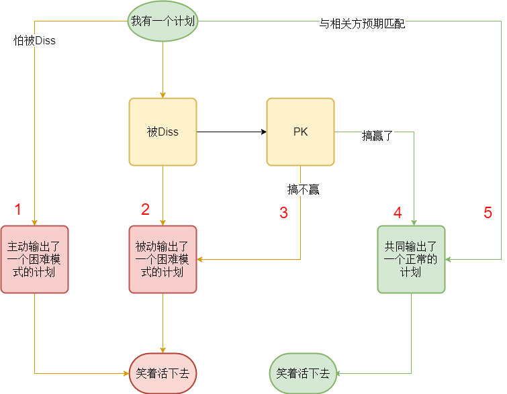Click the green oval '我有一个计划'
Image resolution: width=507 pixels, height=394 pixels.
163,21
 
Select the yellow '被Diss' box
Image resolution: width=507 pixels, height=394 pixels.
163,132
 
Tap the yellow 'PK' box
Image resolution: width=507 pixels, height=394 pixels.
300,132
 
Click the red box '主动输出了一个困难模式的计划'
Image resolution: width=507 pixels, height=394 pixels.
34,259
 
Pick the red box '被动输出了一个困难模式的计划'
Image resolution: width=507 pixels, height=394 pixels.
163,259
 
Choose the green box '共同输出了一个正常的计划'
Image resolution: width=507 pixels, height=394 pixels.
411,259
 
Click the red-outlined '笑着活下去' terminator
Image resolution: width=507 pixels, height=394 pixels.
163,373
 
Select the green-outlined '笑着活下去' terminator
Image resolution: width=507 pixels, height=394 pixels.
304,373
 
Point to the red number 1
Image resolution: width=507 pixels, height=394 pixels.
18,209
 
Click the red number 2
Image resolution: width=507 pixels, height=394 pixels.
145,209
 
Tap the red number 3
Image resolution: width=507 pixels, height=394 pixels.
283,213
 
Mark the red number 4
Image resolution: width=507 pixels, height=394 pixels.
398,213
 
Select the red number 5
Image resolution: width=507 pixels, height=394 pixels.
488,213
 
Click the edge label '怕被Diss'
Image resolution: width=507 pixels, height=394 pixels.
35,41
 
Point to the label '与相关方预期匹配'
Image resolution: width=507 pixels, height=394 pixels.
362,24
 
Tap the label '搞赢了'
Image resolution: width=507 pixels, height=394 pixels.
377,136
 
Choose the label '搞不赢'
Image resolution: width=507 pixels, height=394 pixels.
304,190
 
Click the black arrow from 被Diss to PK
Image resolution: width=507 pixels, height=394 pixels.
232,132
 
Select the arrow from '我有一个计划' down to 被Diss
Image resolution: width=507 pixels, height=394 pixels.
163,70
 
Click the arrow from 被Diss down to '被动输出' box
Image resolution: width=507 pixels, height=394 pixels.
163,195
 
